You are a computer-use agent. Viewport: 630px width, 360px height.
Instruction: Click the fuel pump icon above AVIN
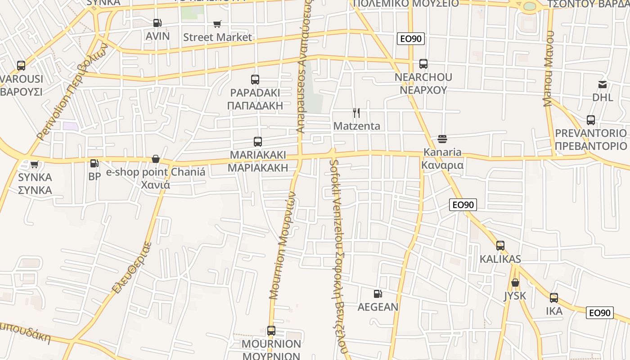tap(157, 23)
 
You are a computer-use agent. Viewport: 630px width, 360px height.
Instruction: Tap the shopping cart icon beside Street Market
tap(217, 24)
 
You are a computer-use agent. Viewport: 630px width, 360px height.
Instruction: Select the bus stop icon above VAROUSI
tap(21, 66)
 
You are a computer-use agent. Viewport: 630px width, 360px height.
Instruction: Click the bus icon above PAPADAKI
tap(255, 80)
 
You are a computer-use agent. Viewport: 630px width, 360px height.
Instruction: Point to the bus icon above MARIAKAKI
tap(258, 142)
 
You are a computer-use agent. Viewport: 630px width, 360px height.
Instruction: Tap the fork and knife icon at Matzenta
tap(356, 112)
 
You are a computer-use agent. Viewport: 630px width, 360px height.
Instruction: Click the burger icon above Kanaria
tap(442, 139)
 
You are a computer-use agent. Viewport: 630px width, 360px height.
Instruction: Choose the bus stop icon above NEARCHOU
tap(423, 64)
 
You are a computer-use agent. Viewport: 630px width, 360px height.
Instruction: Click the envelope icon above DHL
tap(603, 84)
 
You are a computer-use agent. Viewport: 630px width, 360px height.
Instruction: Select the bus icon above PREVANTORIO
tap(591, 120)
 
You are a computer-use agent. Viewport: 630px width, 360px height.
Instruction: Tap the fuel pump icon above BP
tap(94, 163)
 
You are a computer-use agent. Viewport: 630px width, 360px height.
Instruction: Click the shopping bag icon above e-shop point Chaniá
tap(156, 159)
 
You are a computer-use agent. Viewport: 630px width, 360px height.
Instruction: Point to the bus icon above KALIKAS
tap(500, 246)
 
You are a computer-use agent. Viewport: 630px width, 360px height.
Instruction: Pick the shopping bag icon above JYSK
tap(515, 283)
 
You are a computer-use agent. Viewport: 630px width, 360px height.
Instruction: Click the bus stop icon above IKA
tap(554, 298)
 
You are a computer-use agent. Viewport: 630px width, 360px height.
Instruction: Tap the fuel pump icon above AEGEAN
tap(378, 294)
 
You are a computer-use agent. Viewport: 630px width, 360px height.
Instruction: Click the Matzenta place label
tap(357, 126)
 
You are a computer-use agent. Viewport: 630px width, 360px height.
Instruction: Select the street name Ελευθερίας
tap(132, 268)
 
